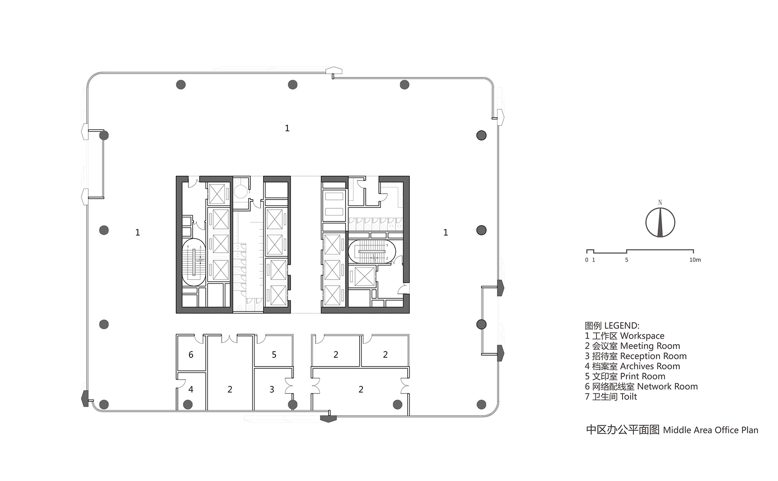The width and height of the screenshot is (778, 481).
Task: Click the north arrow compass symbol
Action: coord(660,222)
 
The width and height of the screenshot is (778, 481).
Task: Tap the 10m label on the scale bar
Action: coord(695,260)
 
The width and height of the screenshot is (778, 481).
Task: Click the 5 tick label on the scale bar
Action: coord(627,260)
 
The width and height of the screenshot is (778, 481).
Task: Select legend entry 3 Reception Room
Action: coord(635,356)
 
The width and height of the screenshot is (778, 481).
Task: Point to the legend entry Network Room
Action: coord(641,386)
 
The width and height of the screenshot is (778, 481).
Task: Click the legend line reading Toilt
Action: coord(611,396)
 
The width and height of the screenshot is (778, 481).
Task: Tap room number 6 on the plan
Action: coord(191,355)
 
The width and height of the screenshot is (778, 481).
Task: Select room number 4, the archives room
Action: coord(191,389)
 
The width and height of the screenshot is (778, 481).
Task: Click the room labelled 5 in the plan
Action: coord(274,355)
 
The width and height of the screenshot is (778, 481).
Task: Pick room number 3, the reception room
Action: coord(272,389)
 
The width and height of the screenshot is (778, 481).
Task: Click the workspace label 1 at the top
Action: coord(287,129)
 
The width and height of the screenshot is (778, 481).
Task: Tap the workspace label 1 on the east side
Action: coord(445,233)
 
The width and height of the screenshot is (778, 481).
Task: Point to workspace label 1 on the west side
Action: coord(137,233)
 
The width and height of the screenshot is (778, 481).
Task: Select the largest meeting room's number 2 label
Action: coord(361,389)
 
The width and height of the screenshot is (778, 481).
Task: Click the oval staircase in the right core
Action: coord(372,252)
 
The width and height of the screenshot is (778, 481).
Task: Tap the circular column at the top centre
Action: coord(292,85)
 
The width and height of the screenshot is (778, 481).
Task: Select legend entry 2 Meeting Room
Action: coord(632,346)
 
